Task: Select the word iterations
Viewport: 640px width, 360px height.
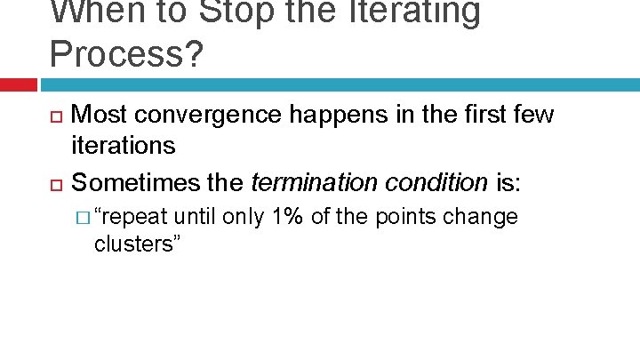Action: (123, 145)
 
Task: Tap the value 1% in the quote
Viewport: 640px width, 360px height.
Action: (290, 217)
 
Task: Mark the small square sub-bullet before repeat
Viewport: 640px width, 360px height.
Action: (83, 219)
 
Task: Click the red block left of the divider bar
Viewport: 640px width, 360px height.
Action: (18, 84)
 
